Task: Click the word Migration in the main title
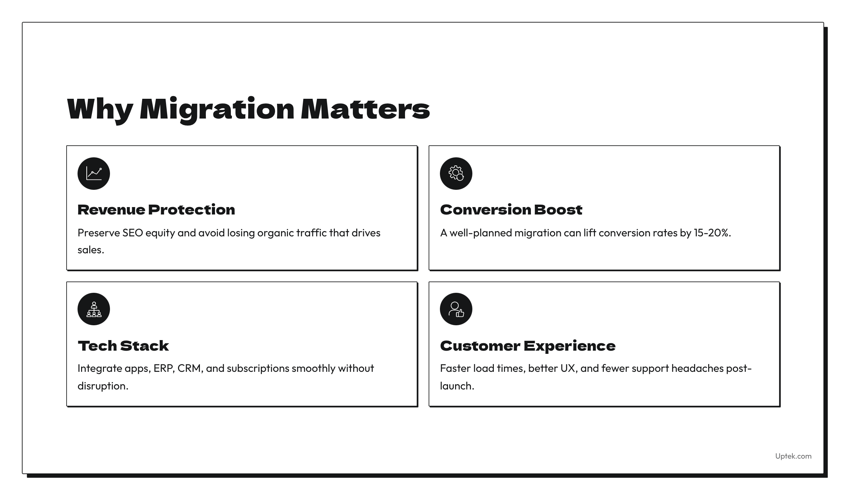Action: [x=217, y=110]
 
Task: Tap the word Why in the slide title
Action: [x=100, y=110]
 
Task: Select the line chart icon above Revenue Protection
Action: [x=94, y=174]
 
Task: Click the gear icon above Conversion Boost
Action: [x=456, y=174]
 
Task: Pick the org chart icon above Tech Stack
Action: [x=94, y=309]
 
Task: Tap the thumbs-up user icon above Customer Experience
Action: [x=456, y=309]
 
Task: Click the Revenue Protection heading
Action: [x=156, y=210]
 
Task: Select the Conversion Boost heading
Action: [x=511, y=210]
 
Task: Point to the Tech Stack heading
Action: [x=123, y=346]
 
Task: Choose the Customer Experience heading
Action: [x=528, y=346]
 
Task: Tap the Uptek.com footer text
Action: [x=793, y=456]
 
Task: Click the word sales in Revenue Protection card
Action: [x=91, y=250]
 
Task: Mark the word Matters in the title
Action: [x=366, y=110]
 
